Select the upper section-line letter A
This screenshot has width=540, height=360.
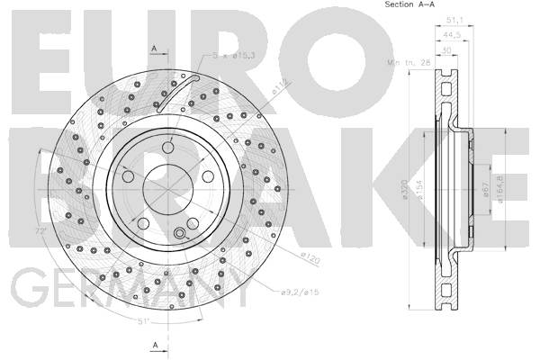coord(154,47)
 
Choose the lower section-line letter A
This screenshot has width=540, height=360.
coord(154,345)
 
